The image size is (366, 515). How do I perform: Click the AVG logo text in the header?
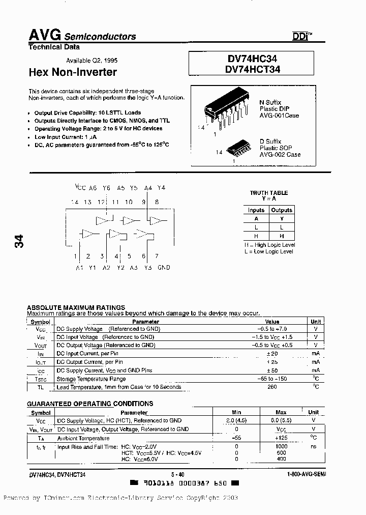click(x=44, y=35)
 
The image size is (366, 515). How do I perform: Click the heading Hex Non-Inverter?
click(x=73, y=72)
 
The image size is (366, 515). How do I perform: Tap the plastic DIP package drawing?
click(x=227, y=110)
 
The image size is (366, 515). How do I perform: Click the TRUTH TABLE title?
click(x=269, y=193)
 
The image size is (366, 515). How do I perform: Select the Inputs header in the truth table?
click(x=256, y=210)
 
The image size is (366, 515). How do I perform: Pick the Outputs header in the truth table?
click(x=282, y=210)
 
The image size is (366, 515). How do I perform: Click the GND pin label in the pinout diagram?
click(x=164, y=267)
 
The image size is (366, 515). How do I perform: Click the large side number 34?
click(x=19, y=241)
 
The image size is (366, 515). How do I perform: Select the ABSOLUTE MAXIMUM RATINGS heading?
click(x=76, y=307)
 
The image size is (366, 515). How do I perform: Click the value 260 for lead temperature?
click(x=272, y=387)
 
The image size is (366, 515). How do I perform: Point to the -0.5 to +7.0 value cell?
click(x=272, y=329)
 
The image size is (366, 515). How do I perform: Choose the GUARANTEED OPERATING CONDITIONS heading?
click(x=90, y=404)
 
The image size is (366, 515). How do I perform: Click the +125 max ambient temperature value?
click(x=281, y=438)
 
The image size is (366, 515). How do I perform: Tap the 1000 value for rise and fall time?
click(x=281, y=446)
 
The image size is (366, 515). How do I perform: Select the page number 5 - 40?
click(x=178, y=474)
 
